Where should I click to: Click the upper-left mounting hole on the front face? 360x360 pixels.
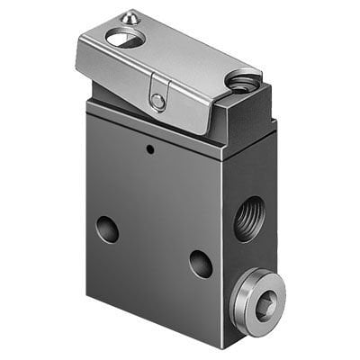(x=108, y=229)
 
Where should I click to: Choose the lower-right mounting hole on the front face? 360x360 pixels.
(x=200, y=263)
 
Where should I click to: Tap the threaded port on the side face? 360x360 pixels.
(x=249, y=219)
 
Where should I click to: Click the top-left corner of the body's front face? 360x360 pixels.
(x=87, y=101)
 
